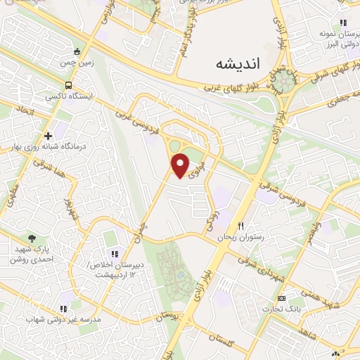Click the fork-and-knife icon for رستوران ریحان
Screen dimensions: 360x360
coord(240,226)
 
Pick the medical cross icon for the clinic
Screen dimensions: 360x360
coord(48,135)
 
